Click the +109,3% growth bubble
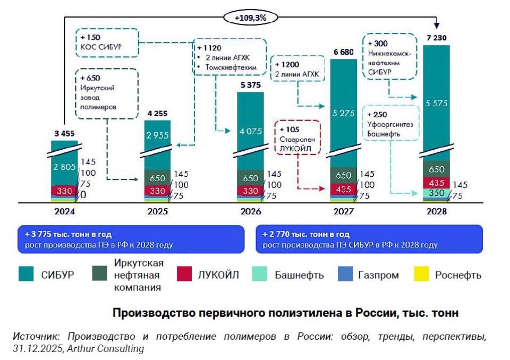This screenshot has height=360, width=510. click(250, 18)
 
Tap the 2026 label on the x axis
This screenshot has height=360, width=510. click(250, 211)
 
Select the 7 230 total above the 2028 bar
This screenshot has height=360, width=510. click(436, 39)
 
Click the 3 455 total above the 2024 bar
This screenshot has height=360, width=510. click(64, 134)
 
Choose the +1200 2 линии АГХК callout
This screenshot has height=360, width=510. click(299, 68)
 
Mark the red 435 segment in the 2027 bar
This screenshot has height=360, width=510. click(344, 190)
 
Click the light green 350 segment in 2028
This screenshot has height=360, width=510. click(436, 193)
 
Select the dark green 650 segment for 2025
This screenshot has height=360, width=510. click(158, 178)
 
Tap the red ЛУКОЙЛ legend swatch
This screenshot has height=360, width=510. click(183, 275)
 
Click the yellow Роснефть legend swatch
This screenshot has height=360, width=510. click(421, 275)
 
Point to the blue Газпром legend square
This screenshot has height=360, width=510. click(345, 275)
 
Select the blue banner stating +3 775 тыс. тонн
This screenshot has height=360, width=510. click(130, 239)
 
